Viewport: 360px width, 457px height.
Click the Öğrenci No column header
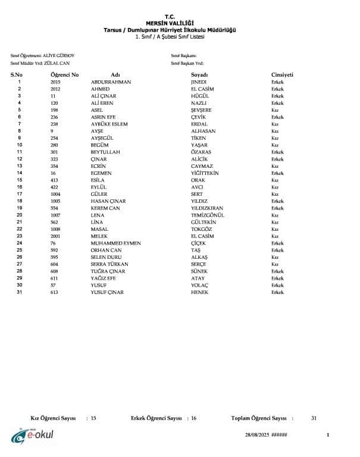[64, 75]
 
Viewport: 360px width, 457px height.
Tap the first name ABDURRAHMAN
[111, 82]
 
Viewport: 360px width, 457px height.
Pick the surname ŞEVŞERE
[201, 110]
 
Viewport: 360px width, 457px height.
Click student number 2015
[55, 82]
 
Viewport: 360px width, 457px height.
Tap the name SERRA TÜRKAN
[109, 264]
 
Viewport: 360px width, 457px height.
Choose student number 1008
[57, 229]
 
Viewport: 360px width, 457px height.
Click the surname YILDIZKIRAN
[207, 208]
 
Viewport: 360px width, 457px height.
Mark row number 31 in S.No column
[20, 292]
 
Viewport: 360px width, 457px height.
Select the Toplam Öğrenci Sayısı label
[259, 418]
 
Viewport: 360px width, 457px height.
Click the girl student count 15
[93, 418]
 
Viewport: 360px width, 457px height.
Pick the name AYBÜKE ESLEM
[109, 124]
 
